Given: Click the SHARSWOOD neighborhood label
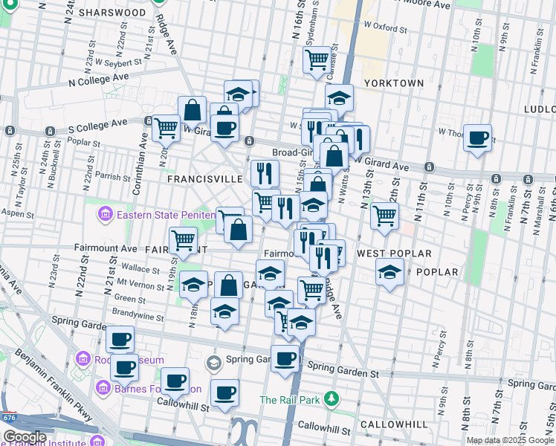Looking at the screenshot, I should [x=112, y=13].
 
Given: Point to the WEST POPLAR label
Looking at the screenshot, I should [x=394, y=253].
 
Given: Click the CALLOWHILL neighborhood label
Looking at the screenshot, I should [x=394, y=424].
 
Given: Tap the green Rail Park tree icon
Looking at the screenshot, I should [x=332, y=400].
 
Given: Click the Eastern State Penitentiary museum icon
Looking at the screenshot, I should [x=105, y=216].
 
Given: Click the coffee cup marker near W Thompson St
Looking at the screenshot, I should [x=478, y=138].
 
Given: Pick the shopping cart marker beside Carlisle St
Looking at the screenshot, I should [x=317, y=59].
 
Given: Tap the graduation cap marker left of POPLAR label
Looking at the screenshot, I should [x=389, y=271].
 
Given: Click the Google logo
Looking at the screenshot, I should [x=25, y=437].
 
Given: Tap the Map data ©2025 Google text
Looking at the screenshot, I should [x=510, y=440].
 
